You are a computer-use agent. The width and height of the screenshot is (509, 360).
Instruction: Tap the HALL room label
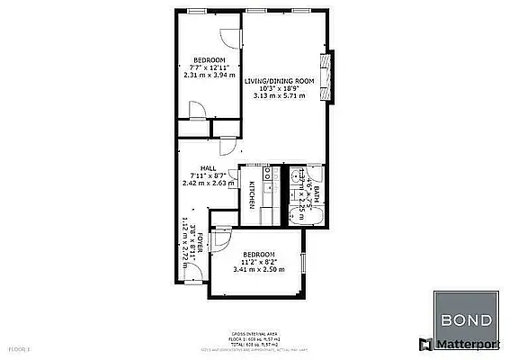[208, 168]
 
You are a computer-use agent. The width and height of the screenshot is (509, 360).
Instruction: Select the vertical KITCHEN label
[253, 192]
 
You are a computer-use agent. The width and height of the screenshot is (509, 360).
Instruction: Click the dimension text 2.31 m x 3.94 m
[208, 76]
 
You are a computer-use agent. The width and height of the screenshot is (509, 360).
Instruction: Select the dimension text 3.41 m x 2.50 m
[258, 269]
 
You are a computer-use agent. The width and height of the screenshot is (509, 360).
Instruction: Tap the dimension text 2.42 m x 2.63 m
[208, 183]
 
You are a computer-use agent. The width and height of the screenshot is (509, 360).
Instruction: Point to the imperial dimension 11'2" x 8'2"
[258, 262]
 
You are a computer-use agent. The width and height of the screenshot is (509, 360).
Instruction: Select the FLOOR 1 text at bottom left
[19, 346]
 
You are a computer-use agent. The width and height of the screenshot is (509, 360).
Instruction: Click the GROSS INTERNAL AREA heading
[254, 332]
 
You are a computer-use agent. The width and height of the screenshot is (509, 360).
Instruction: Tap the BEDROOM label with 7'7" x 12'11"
[208, 61]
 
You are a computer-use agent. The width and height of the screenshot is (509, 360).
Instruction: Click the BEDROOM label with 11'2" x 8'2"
[258, 255]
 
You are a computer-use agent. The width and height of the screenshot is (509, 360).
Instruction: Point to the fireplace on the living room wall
[327, 73]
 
